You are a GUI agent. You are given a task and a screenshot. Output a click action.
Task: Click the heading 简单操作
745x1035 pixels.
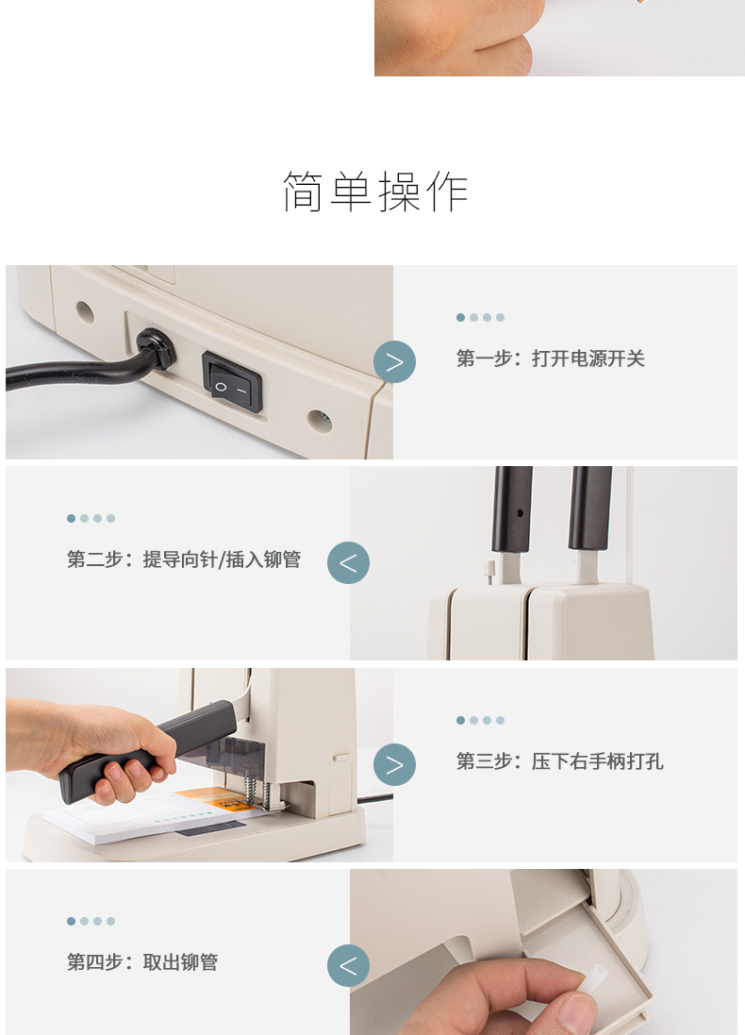[375, 192]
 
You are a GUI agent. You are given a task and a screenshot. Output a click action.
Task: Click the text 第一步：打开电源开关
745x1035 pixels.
[551, 359]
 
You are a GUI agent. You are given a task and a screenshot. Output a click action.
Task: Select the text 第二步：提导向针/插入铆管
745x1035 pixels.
[184, 559]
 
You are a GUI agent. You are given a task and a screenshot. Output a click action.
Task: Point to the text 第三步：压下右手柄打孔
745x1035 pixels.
[559, 761]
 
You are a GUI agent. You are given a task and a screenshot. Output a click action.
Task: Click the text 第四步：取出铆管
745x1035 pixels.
[142, 962]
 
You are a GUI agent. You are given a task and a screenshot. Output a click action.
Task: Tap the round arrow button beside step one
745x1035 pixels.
[394, 361]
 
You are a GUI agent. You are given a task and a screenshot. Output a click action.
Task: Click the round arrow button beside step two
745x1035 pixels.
[348, 562]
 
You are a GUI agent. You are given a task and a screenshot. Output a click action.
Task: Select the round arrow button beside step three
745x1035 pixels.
[394, 764]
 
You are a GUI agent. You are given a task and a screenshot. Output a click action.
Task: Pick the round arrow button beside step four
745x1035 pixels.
[348, 966]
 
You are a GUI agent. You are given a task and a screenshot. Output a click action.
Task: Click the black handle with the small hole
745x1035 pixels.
[512, 509]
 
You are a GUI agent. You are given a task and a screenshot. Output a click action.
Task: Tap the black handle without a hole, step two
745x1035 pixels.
[590, 509]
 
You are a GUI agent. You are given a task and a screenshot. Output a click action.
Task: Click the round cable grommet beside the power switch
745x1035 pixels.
[156, 348]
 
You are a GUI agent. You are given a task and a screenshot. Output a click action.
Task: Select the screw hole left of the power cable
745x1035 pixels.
[85, 311]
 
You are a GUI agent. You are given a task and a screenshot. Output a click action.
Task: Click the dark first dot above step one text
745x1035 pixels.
[460, 318]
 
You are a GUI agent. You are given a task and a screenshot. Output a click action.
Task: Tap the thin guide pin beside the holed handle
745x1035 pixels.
[490, 573]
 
